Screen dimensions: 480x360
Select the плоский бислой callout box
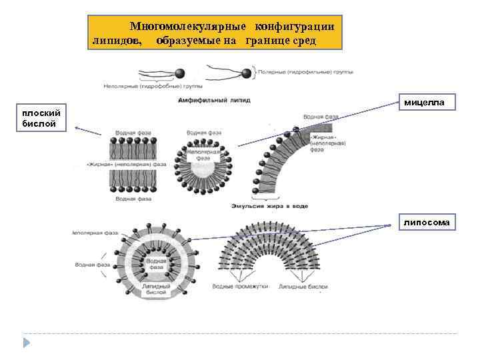[43, 119]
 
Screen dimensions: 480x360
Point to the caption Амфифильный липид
[215, 99]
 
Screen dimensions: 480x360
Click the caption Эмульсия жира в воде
[269, 206]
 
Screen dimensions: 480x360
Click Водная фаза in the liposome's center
[157, 263]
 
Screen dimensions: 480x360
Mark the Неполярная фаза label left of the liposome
[95, 233]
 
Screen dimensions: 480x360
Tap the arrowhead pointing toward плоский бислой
[76, 127]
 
